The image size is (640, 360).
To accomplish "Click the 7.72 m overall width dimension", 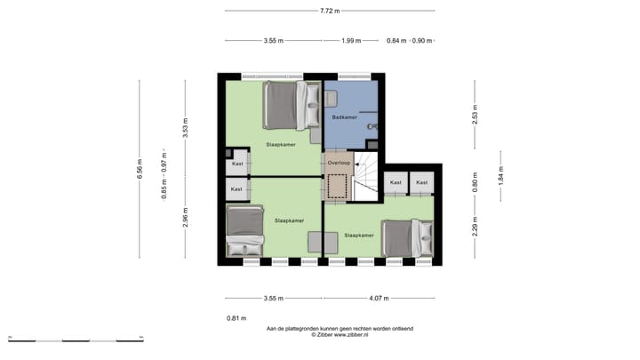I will click(330, 12).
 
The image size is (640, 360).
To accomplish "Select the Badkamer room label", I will click(344, 117).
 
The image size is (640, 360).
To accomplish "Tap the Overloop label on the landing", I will click(339, 164).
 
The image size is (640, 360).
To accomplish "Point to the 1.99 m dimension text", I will click(352, 40).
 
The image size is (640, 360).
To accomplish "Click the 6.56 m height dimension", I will click(140, 169).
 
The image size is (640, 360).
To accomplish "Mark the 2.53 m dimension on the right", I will click(476, 116).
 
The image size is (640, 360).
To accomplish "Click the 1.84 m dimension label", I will click(501, 177).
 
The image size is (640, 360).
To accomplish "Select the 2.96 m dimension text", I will click(186, 216).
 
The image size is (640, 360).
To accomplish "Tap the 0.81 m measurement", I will click(236, 317).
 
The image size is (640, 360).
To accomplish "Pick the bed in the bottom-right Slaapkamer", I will click(405, 236).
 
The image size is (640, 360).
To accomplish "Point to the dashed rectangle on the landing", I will click(338, 186).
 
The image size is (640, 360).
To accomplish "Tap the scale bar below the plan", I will click(76, 340).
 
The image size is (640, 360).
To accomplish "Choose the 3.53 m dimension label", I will click(186, 130).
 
